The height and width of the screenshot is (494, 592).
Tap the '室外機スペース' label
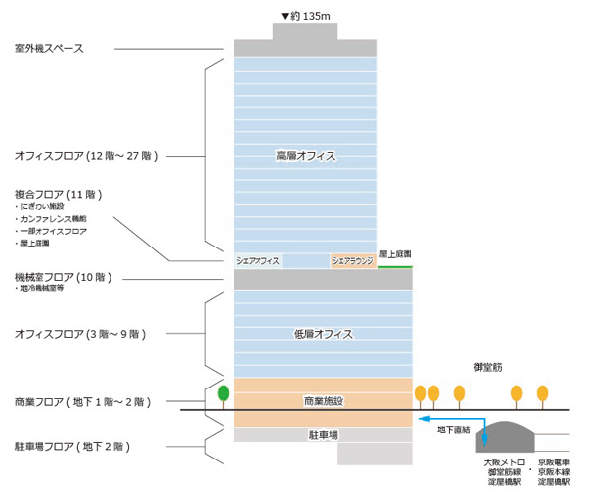[x=63, y=48]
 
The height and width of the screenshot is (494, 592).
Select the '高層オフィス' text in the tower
[x=306, y=155]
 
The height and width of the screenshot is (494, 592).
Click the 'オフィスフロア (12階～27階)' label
[x=87, y=155]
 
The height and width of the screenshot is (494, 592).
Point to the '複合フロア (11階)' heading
[x=59, y=194]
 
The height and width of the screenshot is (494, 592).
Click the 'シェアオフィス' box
[x=259, y=261]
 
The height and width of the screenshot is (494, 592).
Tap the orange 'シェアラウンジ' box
[x=353, y=261]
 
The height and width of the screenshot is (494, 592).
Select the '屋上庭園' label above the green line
[x=396, y=254]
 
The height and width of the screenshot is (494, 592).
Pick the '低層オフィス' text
[x=324, y=335]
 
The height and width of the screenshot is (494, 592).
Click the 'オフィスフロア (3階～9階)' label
[x=81, y=335]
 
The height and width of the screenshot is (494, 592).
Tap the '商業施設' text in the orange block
[x=323, y=400]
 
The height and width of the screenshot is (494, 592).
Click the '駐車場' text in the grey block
[x=324, y=434]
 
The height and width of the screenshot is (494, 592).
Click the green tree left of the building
[x=224, y=393]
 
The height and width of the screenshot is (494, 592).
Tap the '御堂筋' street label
[x=489, y=367]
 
